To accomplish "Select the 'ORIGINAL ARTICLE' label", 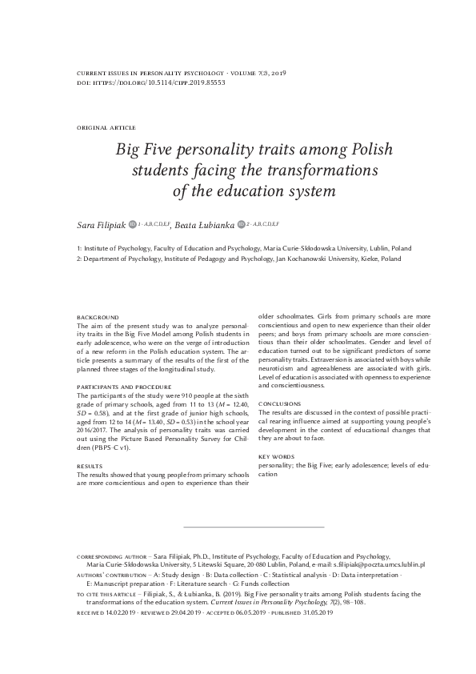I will pos(106,128).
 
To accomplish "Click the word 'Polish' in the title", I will pos(315,150).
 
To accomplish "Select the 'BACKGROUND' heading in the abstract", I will pos(98,318).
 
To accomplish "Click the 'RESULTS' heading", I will pos(89,465).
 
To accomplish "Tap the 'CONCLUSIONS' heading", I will pos(280,404).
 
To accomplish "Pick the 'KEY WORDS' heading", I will pos(276,456).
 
